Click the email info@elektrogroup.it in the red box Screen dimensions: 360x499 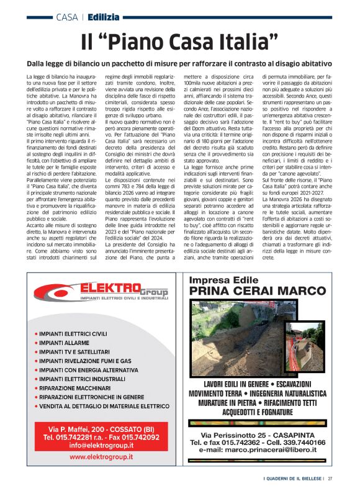101,445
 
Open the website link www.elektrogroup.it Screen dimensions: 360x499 101,457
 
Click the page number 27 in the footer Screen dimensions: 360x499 330,479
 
